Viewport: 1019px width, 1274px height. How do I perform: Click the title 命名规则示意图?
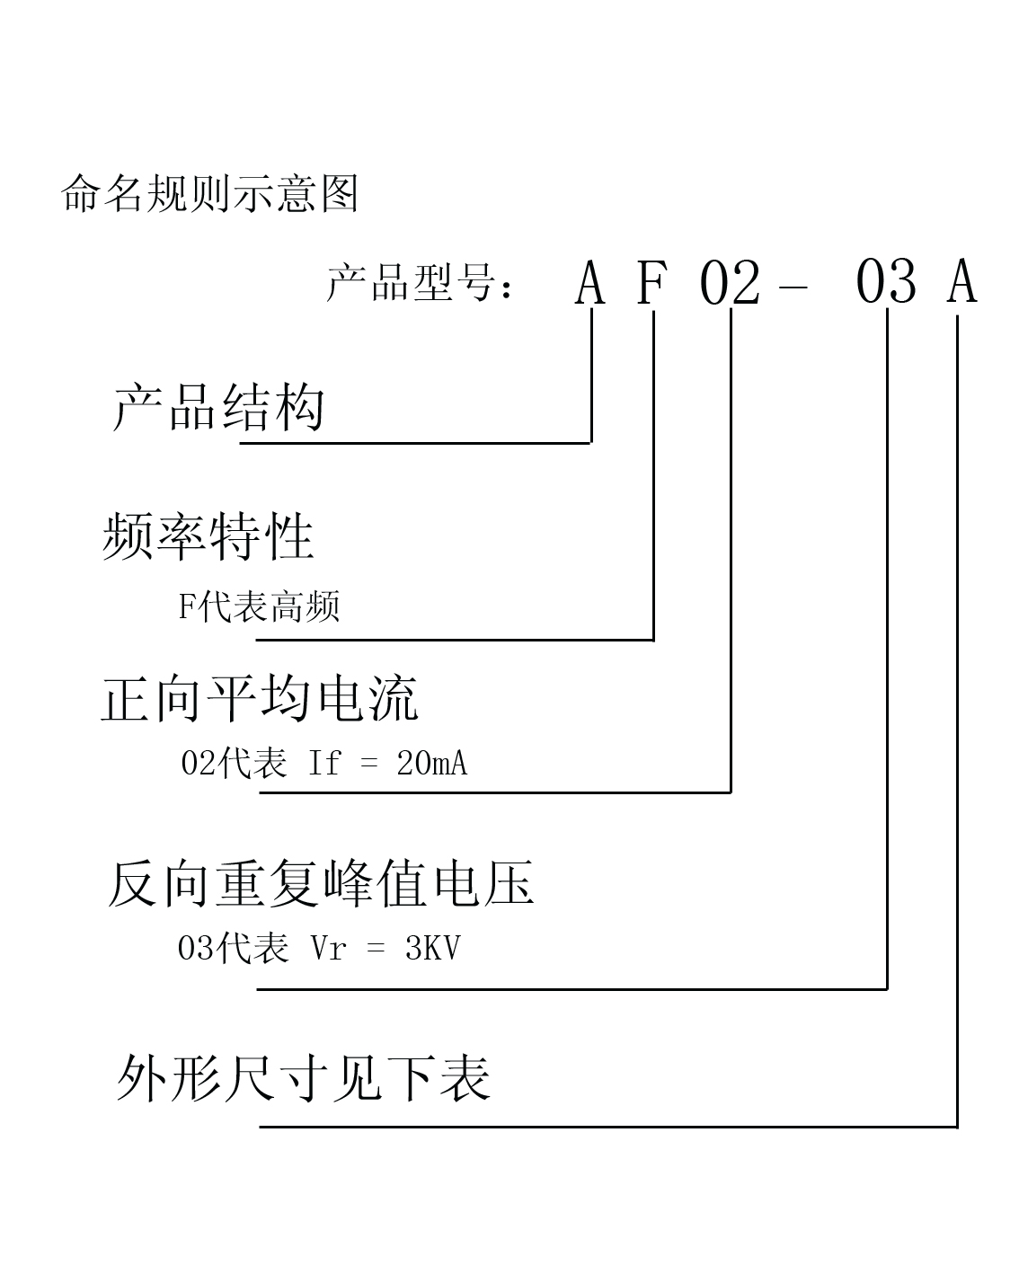point(209,193)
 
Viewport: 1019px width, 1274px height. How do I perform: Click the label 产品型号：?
point(420,282)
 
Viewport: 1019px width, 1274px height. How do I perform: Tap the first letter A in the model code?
point(589,282)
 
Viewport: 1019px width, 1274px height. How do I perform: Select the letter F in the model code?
point(651,282)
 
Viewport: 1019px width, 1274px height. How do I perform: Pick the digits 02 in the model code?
point(730,283)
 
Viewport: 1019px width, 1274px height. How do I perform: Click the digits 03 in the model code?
point(886,282)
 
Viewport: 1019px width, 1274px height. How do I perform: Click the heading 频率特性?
point(208,536)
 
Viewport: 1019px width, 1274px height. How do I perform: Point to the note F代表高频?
point(260,606)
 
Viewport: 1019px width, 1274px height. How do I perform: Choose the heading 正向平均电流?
point(260,699)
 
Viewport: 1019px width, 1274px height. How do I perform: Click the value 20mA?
point(431,763)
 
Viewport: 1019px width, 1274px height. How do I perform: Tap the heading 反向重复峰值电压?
point(321,884)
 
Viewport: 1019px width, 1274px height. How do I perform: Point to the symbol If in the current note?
point(324,763)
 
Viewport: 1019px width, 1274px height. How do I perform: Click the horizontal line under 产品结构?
point(416,443)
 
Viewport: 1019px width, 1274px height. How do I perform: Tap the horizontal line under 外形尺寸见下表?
point(608,1128)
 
